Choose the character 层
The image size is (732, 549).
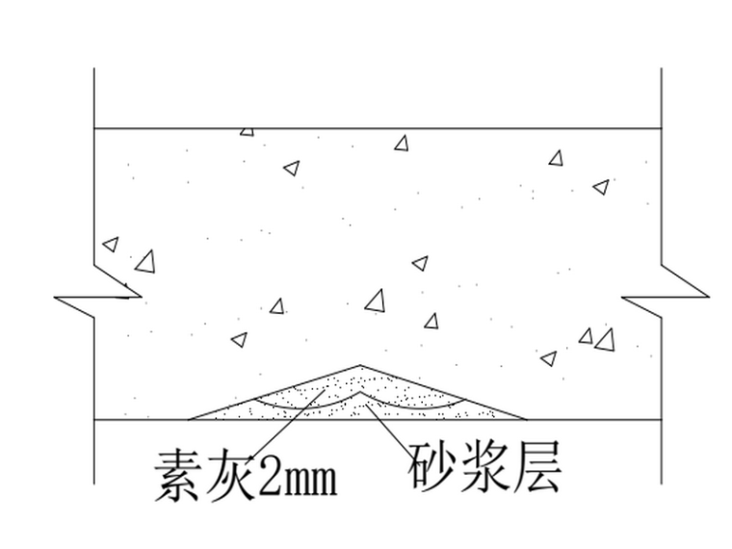(536, 465)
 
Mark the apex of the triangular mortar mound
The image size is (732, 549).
(360, 365)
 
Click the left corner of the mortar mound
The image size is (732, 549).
(190, 419)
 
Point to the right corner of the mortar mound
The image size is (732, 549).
(526, 419)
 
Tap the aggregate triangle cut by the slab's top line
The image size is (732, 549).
(248, 131)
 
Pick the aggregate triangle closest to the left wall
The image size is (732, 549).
(111, 245)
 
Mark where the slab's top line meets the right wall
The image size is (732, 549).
(662, 128)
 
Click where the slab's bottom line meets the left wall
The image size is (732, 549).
(94, 420)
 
